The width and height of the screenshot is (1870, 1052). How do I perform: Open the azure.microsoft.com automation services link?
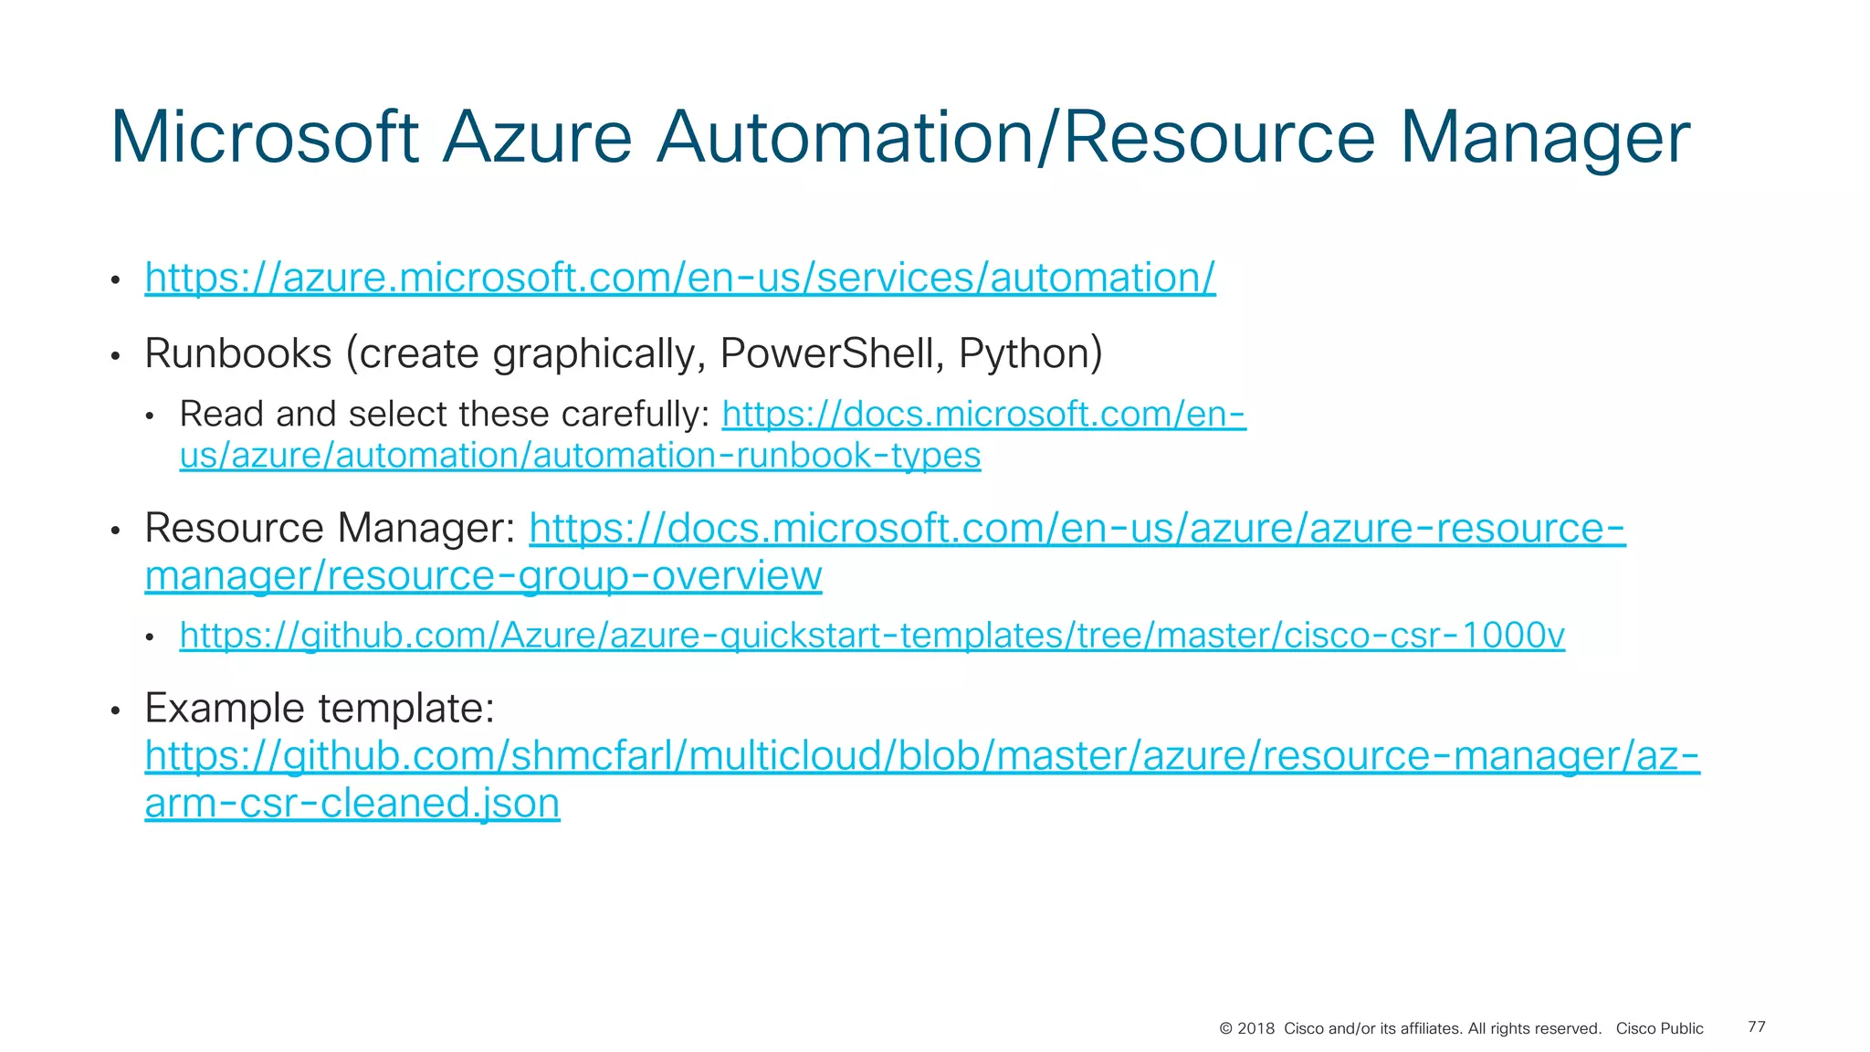(680, 278)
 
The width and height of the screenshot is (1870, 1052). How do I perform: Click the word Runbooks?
(238, 353)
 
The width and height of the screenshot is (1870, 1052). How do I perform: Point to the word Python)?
(1031, 353)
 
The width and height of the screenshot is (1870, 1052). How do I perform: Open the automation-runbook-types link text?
(580, 456)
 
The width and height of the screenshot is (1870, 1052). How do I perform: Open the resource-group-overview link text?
(483, 576)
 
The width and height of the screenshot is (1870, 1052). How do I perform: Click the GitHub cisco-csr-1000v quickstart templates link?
(872, 636)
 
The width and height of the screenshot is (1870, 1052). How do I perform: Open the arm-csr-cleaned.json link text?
(352, 804)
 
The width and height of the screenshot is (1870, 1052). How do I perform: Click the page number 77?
(1756, 1027)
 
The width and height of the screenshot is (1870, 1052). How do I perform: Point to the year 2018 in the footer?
(1255, 1029)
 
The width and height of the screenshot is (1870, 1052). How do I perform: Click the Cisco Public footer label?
(1659, 1029)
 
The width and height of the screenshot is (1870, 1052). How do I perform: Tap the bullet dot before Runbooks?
(115, 356)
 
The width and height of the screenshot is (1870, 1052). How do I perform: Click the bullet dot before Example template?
(115, 710)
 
